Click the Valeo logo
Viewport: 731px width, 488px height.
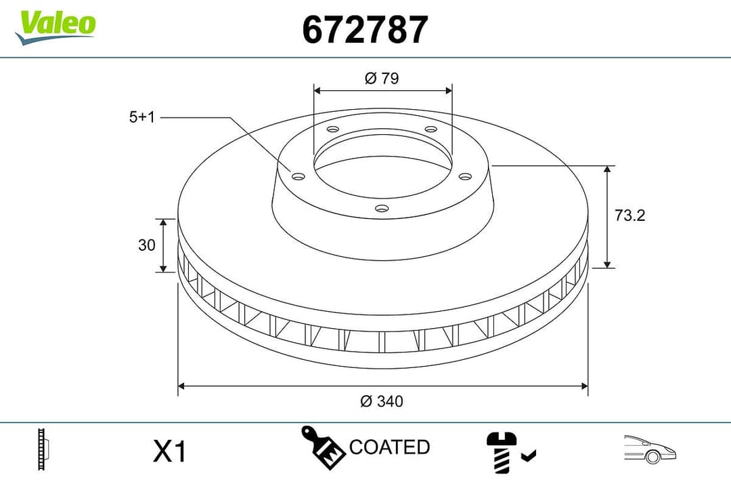point(56,26)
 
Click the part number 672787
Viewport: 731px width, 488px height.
point(365,30)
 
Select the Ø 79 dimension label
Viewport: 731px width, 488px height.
point(382,79)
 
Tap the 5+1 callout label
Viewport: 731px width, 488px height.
point(142,117)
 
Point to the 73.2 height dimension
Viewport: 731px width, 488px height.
point(629,216)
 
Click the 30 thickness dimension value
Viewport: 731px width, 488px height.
point(147,245)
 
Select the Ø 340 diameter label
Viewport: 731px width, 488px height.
point(382,401)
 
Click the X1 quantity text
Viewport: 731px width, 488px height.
point(169,451)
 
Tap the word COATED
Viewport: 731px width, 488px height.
point(389,447)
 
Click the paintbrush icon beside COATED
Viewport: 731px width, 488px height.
point(323,447)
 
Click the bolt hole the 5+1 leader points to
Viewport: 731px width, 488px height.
point(298,176)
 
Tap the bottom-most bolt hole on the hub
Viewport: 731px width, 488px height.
point(382,209)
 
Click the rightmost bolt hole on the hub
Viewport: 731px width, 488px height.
point(464,176)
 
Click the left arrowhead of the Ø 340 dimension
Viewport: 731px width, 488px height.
point(181,386)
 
